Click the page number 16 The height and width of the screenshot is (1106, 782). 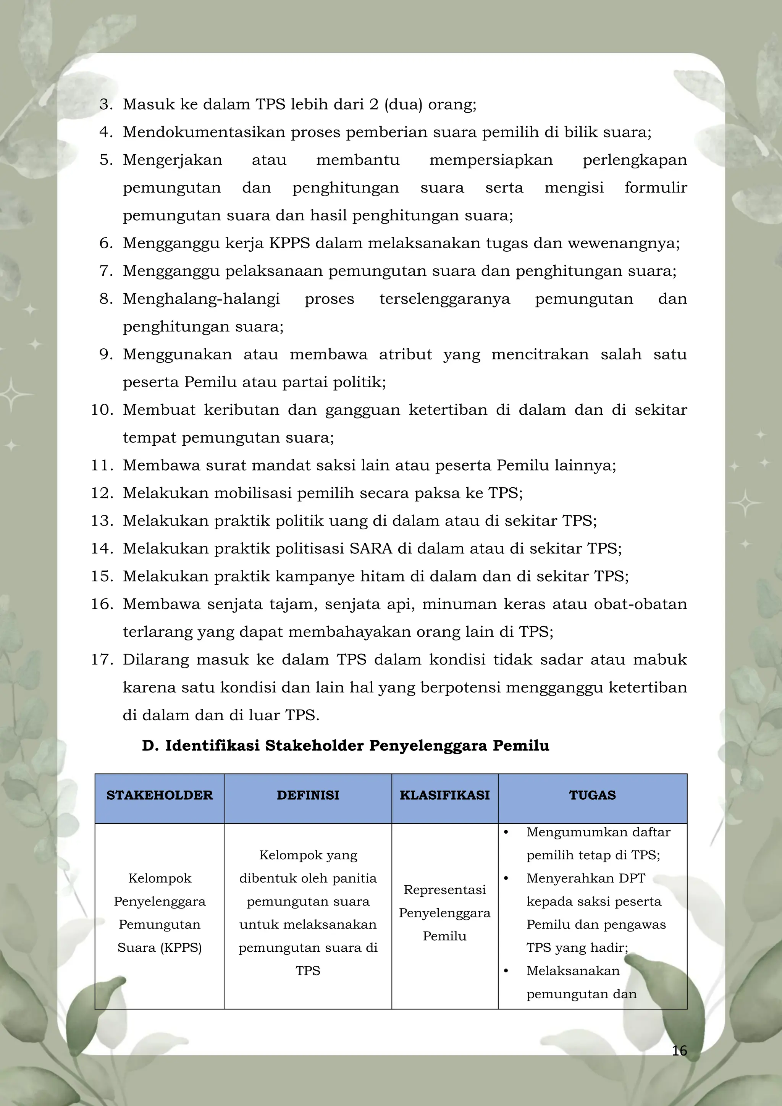679,1050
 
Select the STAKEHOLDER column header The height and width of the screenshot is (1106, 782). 159,795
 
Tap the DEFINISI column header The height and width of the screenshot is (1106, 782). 308,795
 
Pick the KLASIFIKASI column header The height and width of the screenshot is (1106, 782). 444,795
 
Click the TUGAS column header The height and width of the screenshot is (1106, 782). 592,795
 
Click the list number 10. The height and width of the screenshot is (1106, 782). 102,410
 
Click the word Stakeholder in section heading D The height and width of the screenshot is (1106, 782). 314,746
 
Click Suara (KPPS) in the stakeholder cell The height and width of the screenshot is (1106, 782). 159,948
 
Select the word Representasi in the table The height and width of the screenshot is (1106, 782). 444,890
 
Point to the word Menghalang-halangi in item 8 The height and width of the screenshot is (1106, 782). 201,299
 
